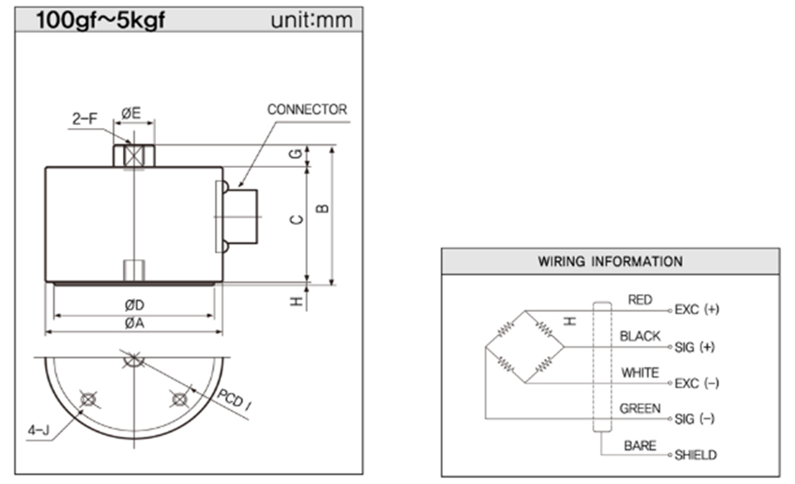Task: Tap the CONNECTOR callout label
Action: (x=307, y=110)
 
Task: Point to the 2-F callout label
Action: (x=83, y=120)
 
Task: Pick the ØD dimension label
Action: (x=133, y=306)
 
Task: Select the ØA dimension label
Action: (x=133, y=324)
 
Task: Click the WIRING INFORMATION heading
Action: (x=611, y=262)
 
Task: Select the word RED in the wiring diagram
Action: (x=640, y=300)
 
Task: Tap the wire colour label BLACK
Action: (x=640, y=336)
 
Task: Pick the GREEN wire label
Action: (x=640, y=408)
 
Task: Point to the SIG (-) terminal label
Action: (x=695, y=419)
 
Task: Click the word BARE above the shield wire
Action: (x=640, y=446)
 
